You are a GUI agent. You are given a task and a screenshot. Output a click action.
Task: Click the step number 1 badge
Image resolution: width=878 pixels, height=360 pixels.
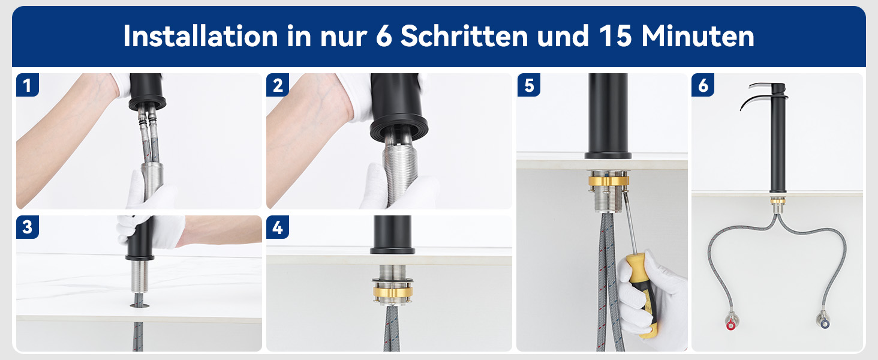coord(28,85)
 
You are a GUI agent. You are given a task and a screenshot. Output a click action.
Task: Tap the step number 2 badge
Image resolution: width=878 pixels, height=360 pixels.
coord(278,85)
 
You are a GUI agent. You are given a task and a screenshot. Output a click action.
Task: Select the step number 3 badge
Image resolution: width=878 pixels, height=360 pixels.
coord(28,227)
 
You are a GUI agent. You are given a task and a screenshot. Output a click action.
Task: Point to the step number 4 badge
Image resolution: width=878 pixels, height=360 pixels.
coord(278,227)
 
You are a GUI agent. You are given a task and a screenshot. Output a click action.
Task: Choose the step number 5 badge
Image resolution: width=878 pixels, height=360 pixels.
coord(529,85)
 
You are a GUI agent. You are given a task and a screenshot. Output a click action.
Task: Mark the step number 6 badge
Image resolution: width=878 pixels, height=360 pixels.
coord(703,85)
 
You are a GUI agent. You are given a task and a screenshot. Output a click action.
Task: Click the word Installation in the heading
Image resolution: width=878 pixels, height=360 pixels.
coord(201,36)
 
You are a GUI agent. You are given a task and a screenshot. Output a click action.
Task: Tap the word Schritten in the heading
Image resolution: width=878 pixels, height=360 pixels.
coord(464,36)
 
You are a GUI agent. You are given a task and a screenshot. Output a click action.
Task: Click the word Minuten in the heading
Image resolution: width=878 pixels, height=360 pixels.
coord(697,36)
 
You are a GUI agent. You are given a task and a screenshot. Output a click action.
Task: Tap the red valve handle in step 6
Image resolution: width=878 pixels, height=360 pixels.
coord(730,325)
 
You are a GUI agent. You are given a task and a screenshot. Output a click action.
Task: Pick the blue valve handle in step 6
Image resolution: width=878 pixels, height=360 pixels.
coord(825,323)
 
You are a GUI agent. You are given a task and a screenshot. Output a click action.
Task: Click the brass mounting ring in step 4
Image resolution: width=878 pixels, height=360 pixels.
coord(392,292)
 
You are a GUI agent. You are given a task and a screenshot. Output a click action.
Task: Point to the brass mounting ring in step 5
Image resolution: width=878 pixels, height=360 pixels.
coord(608,181)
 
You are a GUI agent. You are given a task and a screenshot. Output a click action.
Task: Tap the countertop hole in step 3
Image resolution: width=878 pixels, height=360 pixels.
coord(140,305)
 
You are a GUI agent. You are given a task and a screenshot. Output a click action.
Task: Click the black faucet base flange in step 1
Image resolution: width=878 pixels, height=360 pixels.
coord(147,103)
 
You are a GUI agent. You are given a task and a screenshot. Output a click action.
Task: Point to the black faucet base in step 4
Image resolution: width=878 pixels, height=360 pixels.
coord(392,235)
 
